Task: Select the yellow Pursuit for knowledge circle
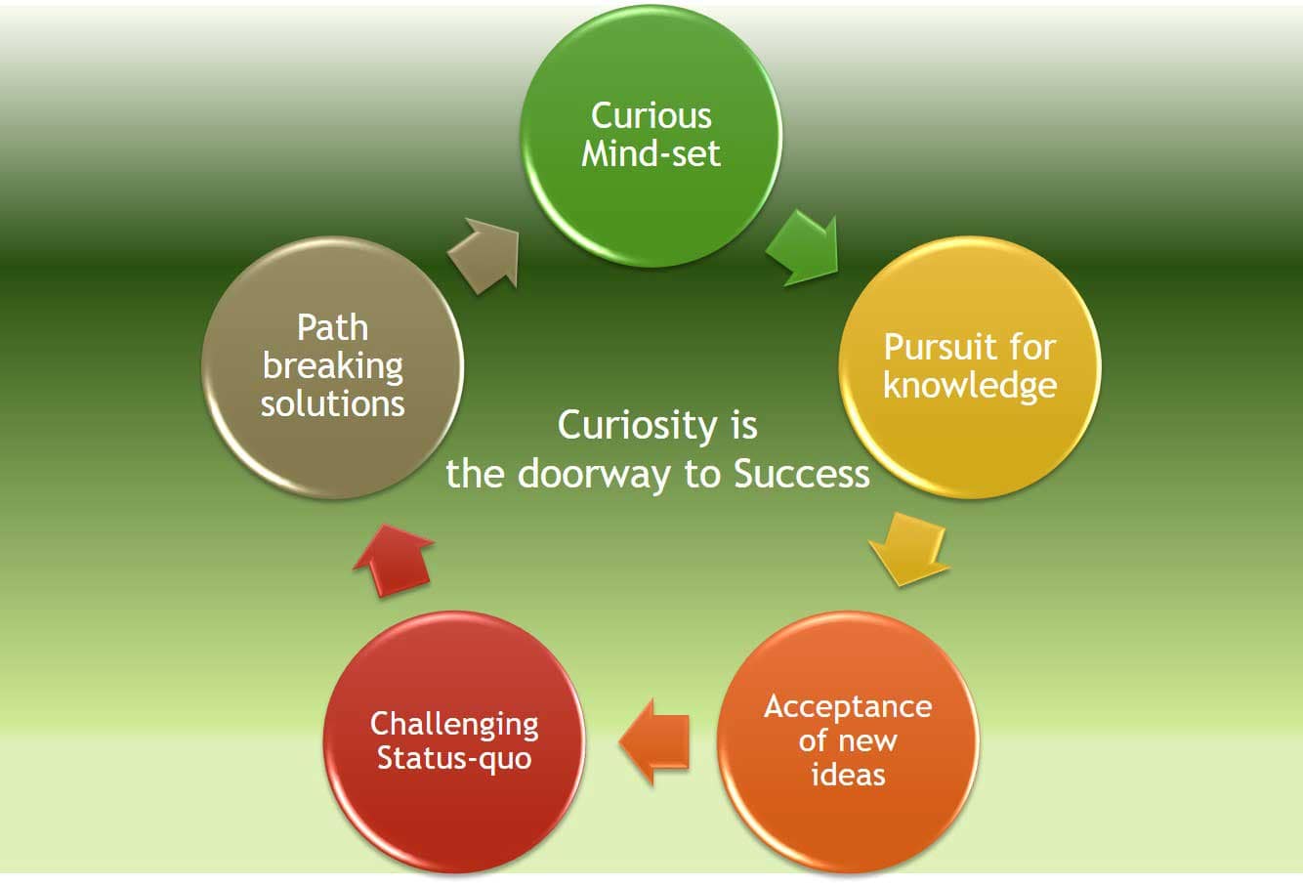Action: point(969,366)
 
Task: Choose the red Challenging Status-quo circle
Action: point(454,741)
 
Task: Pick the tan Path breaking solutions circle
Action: point(332,366)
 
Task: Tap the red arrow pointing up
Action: point(394,559)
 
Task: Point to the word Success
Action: point(801,474)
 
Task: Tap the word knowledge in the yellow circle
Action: point(969,385)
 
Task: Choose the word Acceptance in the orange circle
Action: point(847,706)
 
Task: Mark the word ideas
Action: point(847,775)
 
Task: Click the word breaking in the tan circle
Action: point(332,366)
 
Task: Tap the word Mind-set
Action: point(651,153)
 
